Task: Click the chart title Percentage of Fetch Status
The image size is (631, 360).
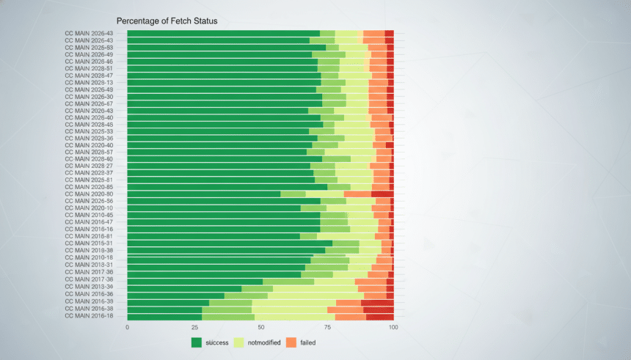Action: click(167, 21)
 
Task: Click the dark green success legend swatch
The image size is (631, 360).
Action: click(197, 342)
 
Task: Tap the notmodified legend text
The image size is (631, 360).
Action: click(264, 342)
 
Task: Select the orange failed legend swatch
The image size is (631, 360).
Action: click(291, 342)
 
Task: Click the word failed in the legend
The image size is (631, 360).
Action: click(308, 342)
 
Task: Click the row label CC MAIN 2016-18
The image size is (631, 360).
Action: click(90, 316)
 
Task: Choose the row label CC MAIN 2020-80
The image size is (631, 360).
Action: click(90, 194)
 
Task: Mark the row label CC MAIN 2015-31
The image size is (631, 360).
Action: click(90, 243)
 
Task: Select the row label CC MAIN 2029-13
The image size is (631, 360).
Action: click(90, 82)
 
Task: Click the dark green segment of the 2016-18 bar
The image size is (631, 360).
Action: click(164, 316)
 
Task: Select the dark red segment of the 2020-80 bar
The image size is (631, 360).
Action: click(382, 194)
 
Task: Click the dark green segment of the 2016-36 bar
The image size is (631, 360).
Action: click(176, 295)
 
